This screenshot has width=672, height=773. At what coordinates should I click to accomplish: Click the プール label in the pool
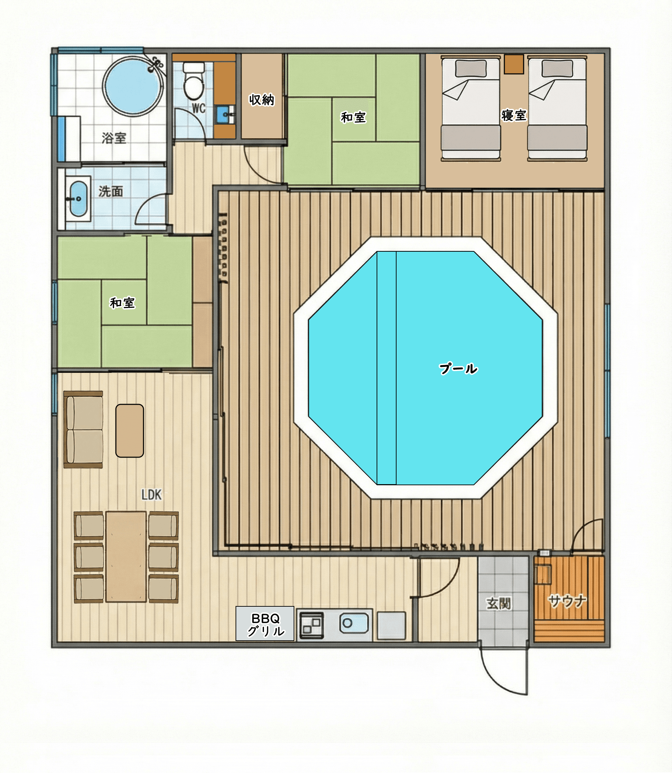(458, 369)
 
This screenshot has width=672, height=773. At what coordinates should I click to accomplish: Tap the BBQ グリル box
(265, 624)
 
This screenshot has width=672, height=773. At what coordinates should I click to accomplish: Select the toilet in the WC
(194, 81)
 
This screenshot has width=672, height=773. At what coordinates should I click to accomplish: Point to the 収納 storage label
(262, 100)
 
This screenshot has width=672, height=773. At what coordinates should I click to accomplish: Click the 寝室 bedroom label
(514, 115)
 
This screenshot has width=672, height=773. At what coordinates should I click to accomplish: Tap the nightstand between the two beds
(514, 64)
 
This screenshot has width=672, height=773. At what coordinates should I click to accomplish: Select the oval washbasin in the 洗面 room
(79, 199)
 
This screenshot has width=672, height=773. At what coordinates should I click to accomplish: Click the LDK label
(152, 495)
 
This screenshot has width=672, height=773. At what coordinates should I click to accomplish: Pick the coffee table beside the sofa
(129, 431)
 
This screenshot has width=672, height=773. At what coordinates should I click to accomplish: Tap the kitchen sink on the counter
(353, 623)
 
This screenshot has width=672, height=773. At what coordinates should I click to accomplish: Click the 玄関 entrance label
(498, 604)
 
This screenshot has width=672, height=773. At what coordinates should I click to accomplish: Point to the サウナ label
(567, 601)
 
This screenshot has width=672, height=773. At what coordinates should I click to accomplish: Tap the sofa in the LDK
(83, 430)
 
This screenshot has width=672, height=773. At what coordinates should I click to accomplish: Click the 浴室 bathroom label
(114, 138)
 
